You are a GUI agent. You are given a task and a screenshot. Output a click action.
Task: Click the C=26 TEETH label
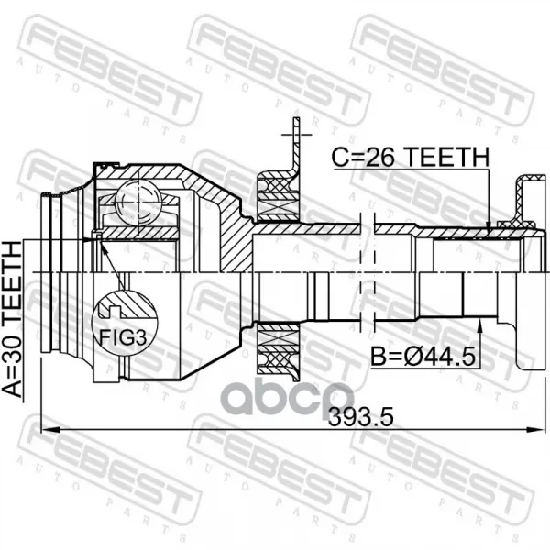(x=410, y=157)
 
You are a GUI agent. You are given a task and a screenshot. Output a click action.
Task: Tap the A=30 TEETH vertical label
(x=12, y=319)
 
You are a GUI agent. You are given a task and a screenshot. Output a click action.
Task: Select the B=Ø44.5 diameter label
(x=423, y=356)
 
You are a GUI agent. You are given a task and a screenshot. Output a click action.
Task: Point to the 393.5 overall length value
(x=360, y=417)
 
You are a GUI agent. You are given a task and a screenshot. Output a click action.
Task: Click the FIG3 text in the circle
(x=123, y=337)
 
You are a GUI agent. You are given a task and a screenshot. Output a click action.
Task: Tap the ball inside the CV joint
(x=138, y=203)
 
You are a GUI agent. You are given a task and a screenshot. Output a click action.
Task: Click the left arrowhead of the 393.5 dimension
(x=50, y=429)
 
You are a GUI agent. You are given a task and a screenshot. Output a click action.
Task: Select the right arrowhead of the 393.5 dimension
(x=536, y=429)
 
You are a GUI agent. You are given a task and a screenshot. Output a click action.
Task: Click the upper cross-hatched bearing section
(x=279, y=197)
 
